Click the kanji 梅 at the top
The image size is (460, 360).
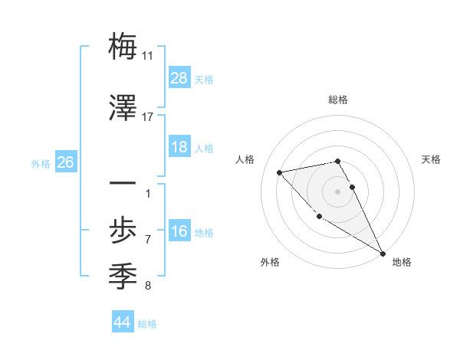pos(123,47)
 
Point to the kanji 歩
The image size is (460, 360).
pos(123,229)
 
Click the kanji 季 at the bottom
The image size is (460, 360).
pos(123,274)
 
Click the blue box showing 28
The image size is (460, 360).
pos(179,78)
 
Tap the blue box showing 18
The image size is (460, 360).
pos(179,147)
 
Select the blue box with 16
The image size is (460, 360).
pos(179,231)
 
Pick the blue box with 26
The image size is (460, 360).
pos(65,162)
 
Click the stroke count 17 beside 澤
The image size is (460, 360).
pos(148,117)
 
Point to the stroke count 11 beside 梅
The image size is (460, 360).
pos(148,56)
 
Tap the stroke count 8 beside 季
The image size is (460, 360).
pos(148,286)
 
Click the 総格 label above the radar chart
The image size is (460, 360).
pos(338,100)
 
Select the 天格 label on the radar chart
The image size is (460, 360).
pos(431,159)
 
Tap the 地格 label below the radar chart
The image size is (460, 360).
pos(402,262)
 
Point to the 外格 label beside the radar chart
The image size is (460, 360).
pos(270,262)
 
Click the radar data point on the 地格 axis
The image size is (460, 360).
pos(383,254)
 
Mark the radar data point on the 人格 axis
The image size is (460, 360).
pos(280,172)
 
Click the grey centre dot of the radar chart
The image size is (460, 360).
pos(338,191)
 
